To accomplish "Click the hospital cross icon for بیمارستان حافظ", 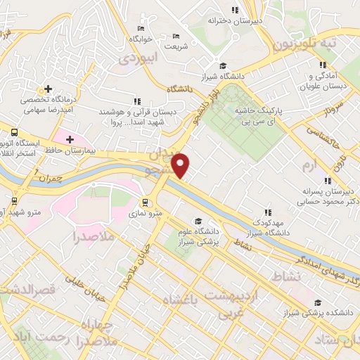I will pos(70,139).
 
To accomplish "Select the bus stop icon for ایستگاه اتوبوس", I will pos(13,131).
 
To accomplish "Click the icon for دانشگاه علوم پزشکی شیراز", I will pos(198,220).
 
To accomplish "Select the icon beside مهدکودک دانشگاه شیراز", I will pos(267,211).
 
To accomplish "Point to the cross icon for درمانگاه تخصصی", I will pos(47,89).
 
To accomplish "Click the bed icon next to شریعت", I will pos(176,37).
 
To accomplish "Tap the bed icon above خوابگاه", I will pos(141,27).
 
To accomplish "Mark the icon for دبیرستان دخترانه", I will pos(235,10).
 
